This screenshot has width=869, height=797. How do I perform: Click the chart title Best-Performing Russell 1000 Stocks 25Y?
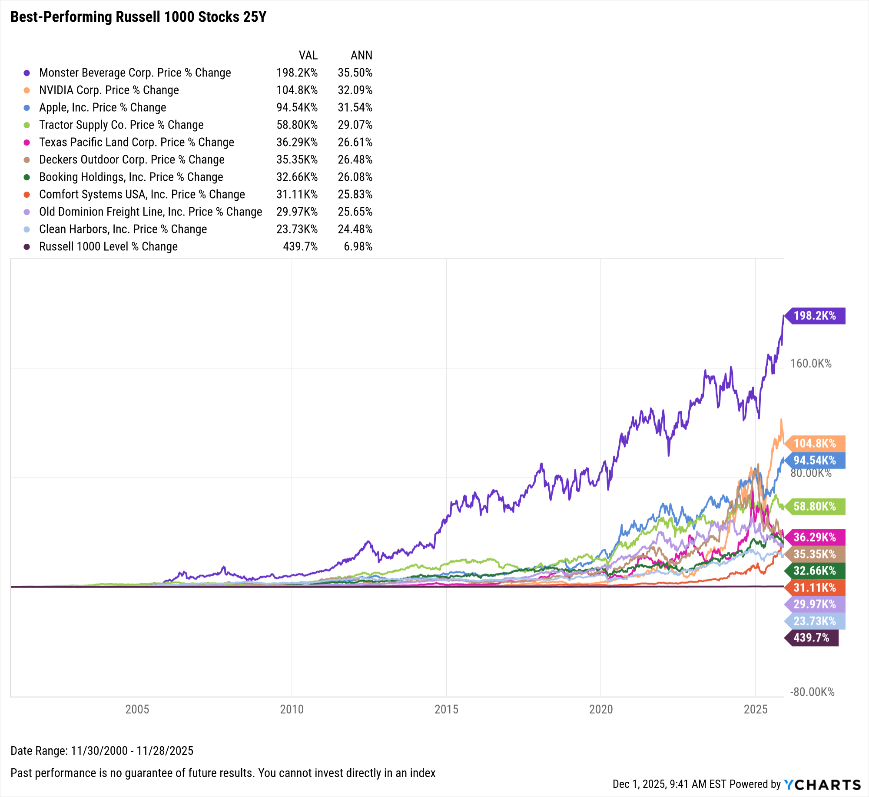138,17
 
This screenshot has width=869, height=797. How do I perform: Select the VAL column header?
308,55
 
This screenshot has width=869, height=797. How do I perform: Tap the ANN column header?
362,55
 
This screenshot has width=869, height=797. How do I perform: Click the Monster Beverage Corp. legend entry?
135,73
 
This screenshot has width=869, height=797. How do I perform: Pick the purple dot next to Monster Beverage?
27,73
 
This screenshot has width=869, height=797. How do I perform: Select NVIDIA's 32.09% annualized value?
355,90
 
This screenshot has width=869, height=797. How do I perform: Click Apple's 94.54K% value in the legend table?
297,107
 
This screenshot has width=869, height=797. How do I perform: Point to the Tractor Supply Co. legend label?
121,125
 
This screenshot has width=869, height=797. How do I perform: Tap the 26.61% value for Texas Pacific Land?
355,142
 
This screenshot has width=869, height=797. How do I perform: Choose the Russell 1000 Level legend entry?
108,246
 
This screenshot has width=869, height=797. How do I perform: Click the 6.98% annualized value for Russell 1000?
358,246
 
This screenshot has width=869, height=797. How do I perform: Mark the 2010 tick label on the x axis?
292,709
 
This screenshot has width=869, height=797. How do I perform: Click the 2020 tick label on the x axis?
601,709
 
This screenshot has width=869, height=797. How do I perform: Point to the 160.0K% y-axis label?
811,363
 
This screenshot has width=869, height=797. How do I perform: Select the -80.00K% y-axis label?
812,692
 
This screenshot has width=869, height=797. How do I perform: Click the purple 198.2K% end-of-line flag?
815,316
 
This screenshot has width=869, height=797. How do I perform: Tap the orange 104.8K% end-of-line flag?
815,443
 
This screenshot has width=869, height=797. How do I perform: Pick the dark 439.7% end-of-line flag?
811,638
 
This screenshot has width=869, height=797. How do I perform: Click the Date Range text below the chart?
102,751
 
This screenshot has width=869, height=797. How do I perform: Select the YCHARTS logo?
823,784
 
